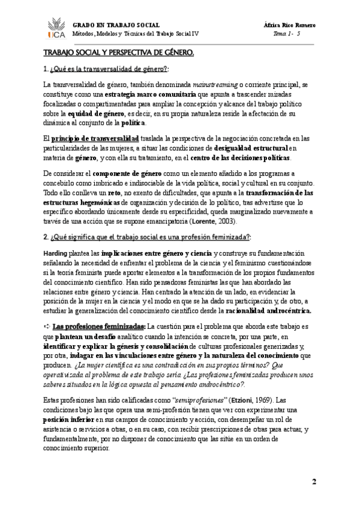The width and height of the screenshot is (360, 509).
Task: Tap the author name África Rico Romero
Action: point(290,25)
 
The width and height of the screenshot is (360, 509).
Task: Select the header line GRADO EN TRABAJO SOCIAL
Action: point(116,25)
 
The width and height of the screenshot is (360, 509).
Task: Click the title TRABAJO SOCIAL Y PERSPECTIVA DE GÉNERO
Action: point(118,54)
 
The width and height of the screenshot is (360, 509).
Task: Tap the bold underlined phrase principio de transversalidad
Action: point(98,139)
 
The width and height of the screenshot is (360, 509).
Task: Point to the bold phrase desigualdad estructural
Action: point(251,148)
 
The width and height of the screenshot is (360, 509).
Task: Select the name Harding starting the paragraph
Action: point(55,254)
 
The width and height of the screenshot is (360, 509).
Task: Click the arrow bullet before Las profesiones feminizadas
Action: point(47,327)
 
